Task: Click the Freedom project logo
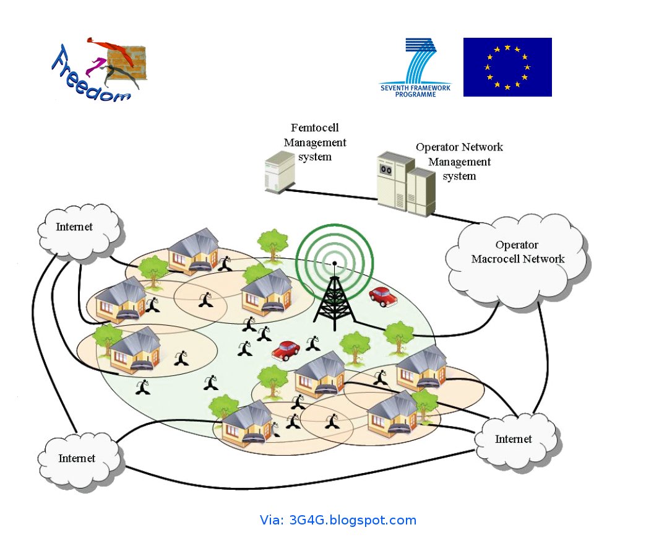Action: pos(99,69)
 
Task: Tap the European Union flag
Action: pos(507,67)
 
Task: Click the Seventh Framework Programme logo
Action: pos(416,67)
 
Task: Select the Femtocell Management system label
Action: pos(315,142)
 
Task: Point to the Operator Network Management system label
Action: pos(459,162)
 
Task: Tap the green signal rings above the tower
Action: pos(335,254)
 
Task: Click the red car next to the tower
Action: pos(383,296)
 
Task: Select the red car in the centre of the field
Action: pos(286,350)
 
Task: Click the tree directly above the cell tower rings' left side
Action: pos(273,243)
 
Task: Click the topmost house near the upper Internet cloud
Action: pos(194,250)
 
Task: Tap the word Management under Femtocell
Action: pos(315,142)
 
